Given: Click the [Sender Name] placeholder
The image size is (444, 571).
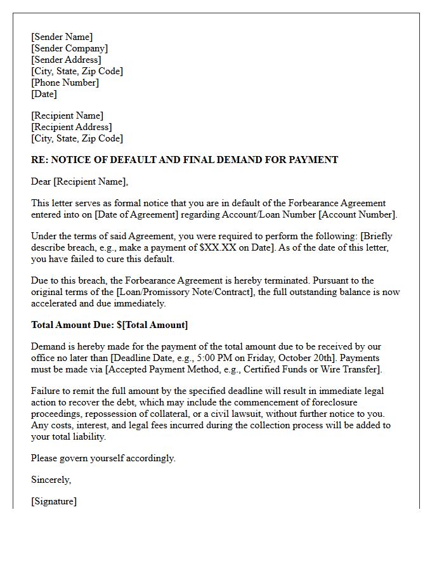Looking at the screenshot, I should [x=62, y=37].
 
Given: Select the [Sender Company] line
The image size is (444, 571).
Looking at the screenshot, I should [x=69, y=48].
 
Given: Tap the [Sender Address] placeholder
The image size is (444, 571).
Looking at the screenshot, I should [x=66, y=60].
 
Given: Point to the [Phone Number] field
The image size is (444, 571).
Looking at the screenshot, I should [x=65, y=82].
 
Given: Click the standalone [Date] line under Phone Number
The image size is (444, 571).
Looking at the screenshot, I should [x=44, y=94].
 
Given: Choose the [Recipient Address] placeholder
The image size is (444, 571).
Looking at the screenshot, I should [x=71, y=127].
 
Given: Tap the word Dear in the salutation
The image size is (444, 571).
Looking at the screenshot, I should [x=41, y=181].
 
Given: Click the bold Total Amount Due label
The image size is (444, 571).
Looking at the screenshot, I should [x=72, y=325].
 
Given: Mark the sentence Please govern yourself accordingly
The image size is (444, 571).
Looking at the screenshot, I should [x=103, y=458].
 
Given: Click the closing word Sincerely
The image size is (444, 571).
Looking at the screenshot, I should [x=51, y=480].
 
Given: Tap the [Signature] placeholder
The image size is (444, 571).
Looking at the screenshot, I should [x=54, y=501].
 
